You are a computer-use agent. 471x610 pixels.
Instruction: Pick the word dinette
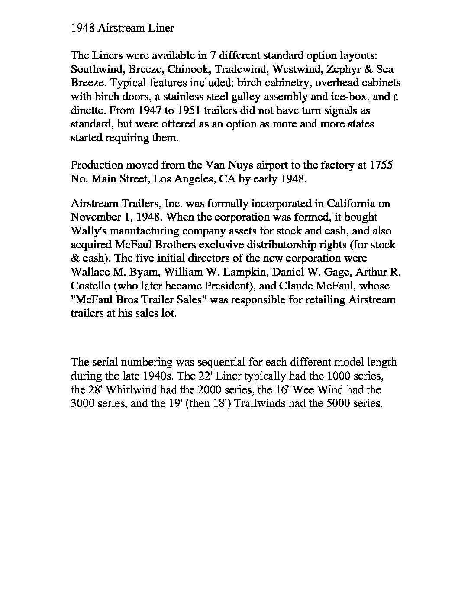click(87, 110)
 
